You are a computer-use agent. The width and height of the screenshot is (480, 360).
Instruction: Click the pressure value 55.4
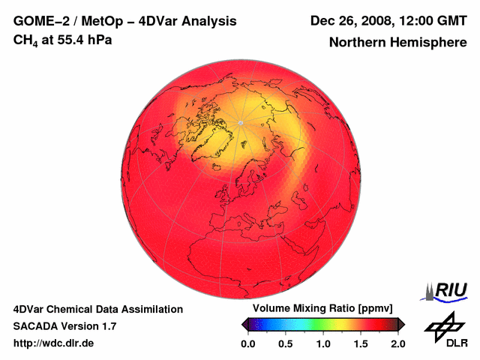pyautogui.click(x=76, y=40)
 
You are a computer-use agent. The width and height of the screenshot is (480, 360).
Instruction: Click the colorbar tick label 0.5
pyautogui.click(x=285, y=343)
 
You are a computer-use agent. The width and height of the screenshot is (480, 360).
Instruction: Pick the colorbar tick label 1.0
pyautogui.click(x=323, y=343)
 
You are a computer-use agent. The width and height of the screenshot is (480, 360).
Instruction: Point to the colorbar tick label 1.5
pyautogui.click(x=361, y=343)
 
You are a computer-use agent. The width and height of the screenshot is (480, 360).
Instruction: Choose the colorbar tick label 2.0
pyautogui.click(x=398, y=343)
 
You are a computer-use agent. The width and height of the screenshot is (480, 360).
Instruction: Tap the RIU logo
pyautogui.click(x=445, y=290)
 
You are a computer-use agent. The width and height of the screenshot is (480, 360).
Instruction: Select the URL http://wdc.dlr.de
pyautogui.click(x=54, y=343)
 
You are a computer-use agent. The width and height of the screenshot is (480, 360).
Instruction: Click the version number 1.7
pyautogui.click(x=108, y=326)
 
